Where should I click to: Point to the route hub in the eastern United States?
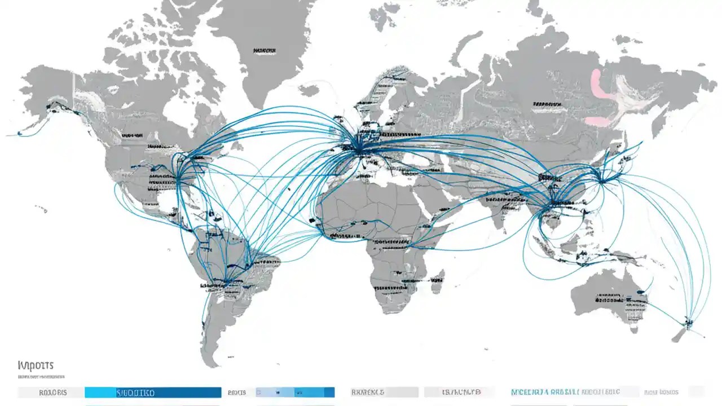179,179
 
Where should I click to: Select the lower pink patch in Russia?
597,121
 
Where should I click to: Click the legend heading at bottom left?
36,365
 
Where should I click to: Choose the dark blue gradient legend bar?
152,392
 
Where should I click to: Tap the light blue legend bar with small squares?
294,392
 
